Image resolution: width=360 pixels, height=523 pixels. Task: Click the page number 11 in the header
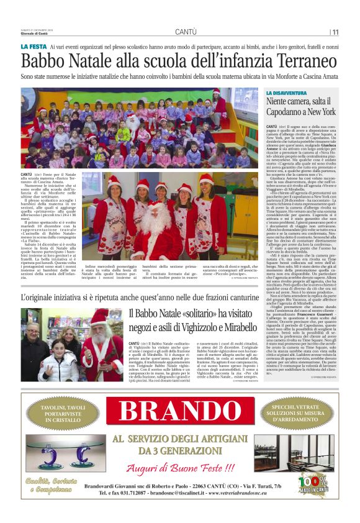tap(335, 32)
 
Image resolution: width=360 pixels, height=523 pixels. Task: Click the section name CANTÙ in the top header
tap(186, 32)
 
